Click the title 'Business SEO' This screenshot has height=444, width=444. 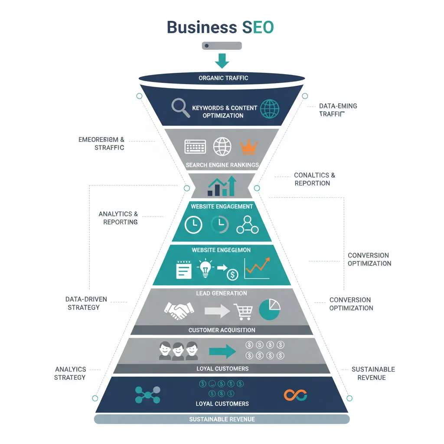point(220,27)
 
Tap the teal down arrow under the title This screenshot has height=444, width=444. point(222,61)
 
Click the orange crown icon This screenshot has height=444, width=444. point(249,147)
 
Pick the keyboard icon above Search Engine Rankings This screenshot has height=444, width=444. point(195,147)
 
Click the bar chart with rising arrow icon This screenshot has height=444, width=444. point(222,186)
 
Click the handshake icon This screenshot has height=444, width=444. point(179,310)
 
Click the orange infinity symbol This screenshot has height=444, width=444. point(295,395)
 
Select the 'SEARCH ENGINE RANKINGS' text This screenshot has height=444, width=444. point(222,165)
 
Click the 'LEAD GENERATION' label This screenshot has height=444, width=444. point(222,293)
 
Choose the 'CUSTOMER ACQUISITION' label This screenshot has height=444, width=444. point(222,330)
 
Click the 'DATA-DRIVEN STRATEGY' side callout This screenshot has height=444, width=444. point(86,304)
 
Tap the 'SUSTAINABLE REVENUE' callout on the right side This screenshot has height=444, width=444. point(373,373)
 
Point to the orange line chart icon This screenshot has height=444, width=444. point(257,268)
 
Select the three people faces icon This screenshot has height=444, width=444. point(178,350)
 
